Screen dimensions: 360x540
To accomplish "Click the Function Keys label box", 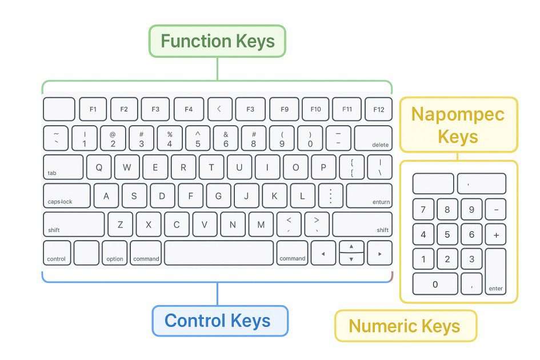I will pos(217,41).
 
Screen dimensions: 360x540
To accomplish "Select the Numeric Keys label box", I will pos(405,326).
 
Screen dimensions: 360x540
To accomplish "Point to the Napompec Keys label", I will pos(458,125).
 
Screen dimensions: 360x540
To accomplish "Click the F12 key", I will pos(378,109).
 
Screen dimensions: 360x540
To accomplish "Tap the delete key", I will pos(373,138).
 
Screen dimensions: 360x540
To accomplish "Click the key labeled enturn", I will pos(369,196).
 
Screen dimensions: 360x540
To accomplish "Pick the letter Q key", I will pos(99,167).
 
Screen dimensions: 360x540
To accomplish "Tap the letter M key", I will pos(261,225).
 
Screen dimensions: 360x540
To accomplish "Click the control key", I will pos(57,253).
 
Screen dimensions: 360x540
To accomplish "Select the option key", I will pos(115,253).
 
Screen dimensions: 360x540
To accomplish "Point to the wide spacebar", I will pos(219,253).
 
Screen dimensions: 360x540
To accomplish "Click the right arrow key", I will pos(380,253).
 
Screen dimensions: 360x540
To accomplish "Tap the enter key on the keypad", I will pos(495,271).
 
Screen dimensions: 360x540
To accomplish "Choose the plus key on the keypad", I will pos(495,234).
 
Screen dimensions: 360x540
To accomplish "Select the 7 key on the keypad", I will pos(423,210).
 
